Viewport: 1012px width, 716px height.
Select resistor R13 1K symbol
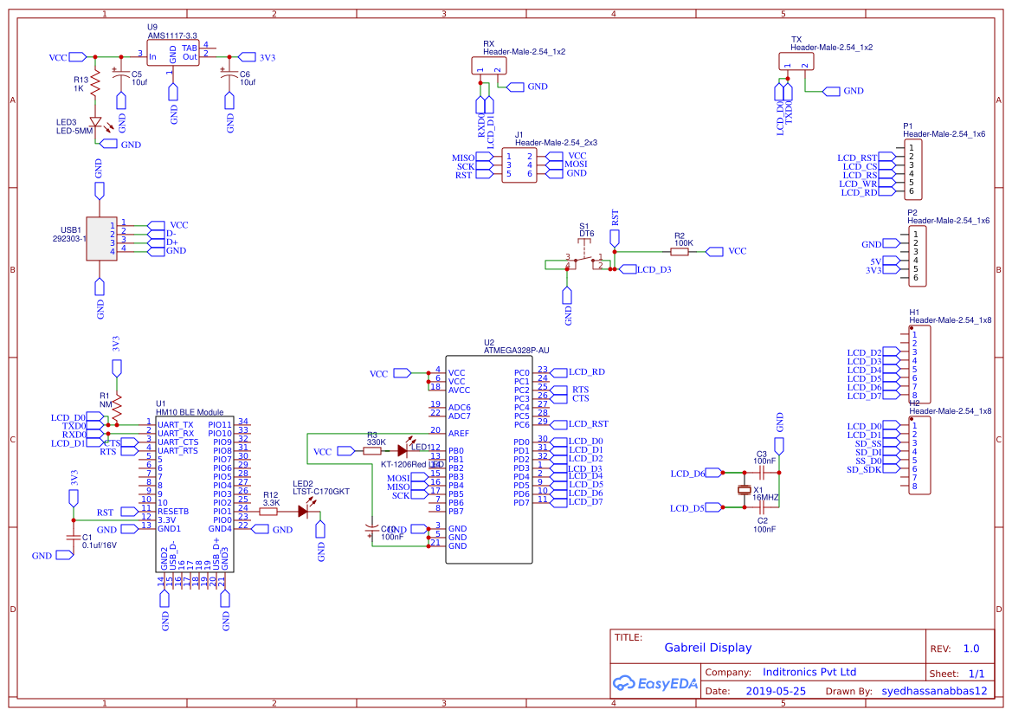(x=96, y=84)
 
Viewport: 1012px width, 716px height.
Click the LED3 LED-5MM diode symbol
(x=96, y=124)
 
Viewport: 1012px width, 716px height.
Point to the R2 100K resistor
(x=682, y=251)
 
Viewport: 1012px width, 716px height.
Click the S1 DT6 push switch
(x=585, y=260)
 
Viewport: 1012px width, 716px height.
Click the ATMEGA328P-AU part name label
(x=517, y=351)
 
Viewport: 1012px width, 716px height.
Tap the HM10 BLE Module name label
(x=190, y=413)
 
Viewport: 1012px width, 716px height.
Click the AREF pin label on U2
(x=459, y=433)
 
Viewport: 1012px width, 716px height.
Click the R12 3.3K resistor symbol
(x=268, y=511)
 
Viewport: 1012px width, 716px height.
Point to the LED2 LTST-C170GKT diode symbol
(x=303, y=511)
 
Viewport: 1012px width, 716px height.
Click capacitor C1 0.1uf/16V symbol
(x=72, y=539)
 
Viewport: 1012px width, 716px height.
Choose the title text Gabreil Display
(x=707, y=648)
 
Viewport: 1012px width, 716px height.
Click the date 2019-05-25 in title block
(x=775, y=691)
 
